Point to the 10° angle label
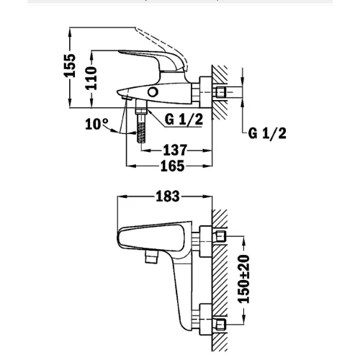[x=96, y=123]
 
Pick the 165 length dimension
[x=171, y=166]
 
